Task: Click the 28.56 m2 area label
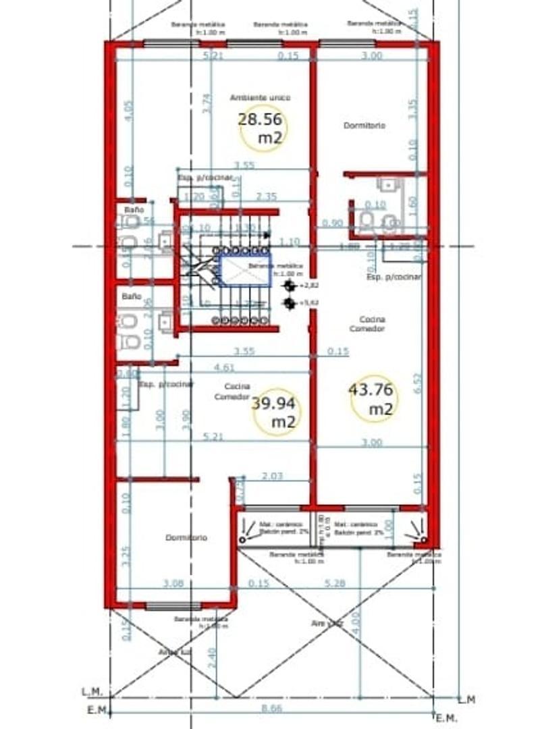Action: click(x=262, y=128)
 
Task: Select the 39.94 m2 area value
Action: click(x=275, y=412)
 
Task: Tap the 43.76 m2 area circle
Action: click(x=373, y=398)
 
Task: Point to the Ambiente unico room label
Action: click(x=260, y=98)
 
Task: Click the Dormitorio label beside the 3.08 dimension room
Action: click(x=186, y=538)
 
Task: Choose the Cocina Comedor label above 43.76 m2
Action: click(x=367, y=323)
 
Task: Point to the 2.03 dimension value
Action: click(x=272, y=477)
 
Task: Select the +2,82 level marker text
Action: click(x=308, y=286)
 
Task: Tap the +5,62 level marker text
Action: click(x=308, y=304)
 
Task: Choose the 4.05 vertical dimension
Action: click(x=129, y=110)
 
